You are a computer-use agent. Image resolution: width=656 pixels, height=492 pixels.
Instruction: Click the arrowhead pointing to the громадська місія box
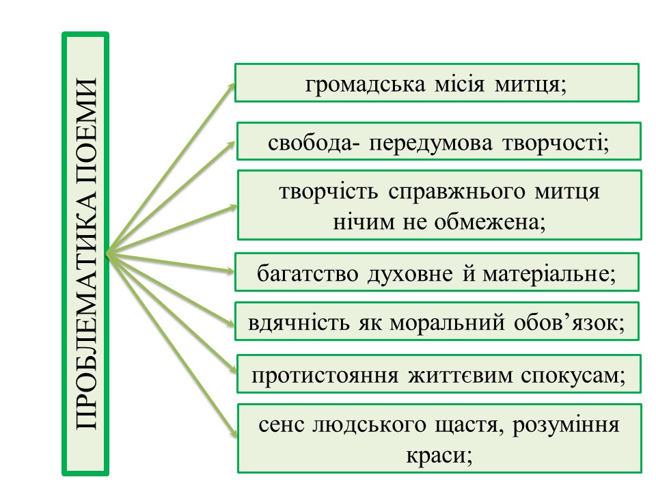point(231,85)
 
